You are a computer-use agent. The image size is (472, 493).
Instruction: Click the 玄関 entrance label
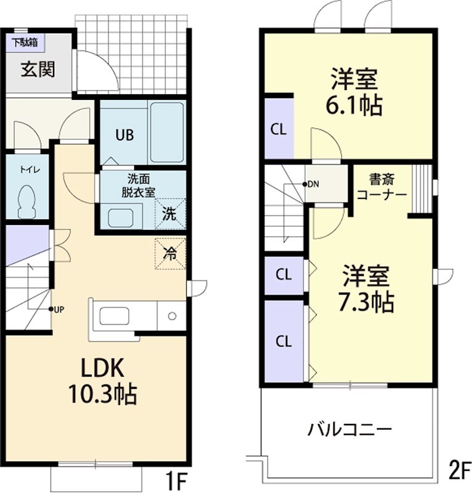pyautogui.click(x=38, y=70)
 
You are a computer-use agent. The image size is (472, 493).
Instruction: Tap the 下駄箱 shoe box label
pyautogui.click(x=24, y=43)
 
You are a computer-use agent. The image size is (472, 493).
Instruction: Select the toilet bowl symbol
pyautogui.click(x=26, y=203)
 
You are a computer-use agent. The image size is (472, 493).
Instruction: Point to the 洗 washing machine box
pyautogui.click(x=169, y=214)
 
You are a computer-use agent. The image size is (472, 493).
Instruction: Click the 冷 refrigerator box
pyautogui.click(x=169, y=252)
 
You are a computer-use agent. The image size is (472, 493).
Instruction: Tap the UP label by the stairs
pyautogui.click(x=58, y=309)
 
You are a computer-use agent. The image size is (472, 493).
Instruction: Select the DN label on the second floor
pyautogui.click(x=313, y=184)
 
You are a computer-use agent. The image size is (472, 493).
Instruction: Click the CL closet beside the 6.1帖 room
pyautogui.click(x=279, y=129)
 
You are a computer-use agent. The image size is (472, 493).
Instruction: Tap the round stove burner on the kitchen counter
pyautogui.click(x=172, y=317)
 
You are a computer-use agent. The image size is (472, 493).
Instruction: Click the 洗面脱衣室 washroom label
pyautogui.click(x=138, y=185)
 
